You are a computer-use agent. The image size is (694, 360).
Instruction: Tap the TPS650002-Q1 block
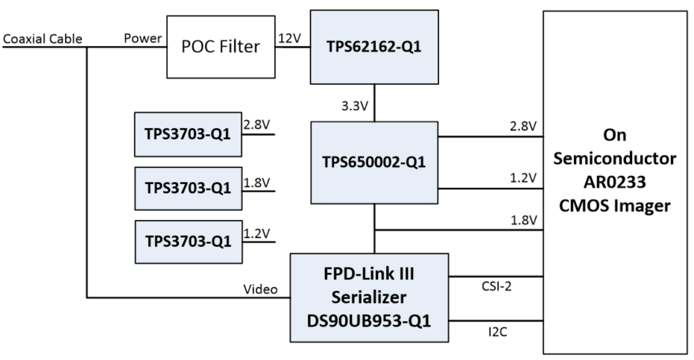coord(374,162)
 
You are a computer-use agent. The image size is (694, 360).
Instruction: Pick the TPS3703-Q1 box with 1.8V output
coord(188,186)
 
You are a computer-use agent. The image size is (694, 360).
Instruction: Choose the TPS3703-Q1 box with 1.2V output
coord(188,240)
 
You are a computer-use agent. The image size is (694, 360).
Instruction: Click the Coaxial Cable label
coord(42,39)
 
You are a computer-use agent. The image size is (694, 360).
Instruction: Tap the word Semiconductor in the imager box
coord(618,160)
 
